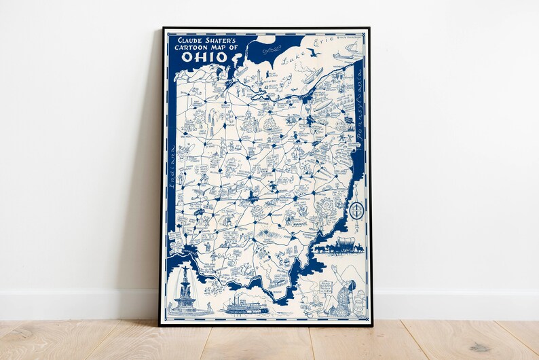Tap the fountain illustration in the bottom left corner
(185, 292)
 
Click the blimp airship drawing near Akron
(314, 73)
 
